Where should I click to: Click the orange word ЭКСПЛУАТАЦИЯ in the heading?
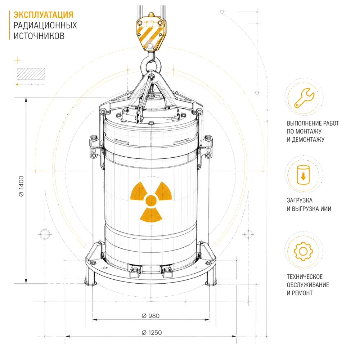[x=44, y=15]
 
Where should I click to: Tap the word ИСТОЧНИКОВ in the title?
[x=39, y=36]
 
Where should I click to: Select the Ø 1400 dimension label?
[x=21, y=186]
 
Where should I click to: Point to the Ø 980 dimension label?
[x=150, y=316]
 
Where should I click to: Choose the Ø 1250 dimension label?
[x=152, y=332]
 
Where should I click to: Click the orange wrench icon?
[x=304, y=98]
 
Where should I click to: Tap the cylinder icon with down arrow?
[x=303, y=175]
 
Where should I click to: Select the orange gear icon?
[x=303, y=251]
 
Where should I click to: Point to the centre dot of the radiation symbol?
[x=151, y=201]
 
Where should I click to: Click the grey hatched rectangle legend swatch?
[x=31, y=74]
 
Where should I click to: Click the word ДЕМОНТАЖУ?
[x=308, y=139]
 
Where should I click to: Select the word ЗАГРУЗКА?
[x=300, y=201]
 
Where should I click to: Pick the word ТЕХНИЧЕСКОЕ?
[x=305, y=276]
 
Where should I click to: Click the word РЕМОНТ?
[x=302, y=293]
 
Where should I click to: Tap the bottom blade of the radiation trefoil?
[x=151, y=215]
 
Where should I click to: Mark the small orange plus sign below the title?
[x=17, y=60]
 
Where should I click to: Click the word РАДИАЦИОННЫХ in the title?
[x=45, y=26]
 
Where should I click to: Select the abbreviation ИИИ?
[x=326, y=209]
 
